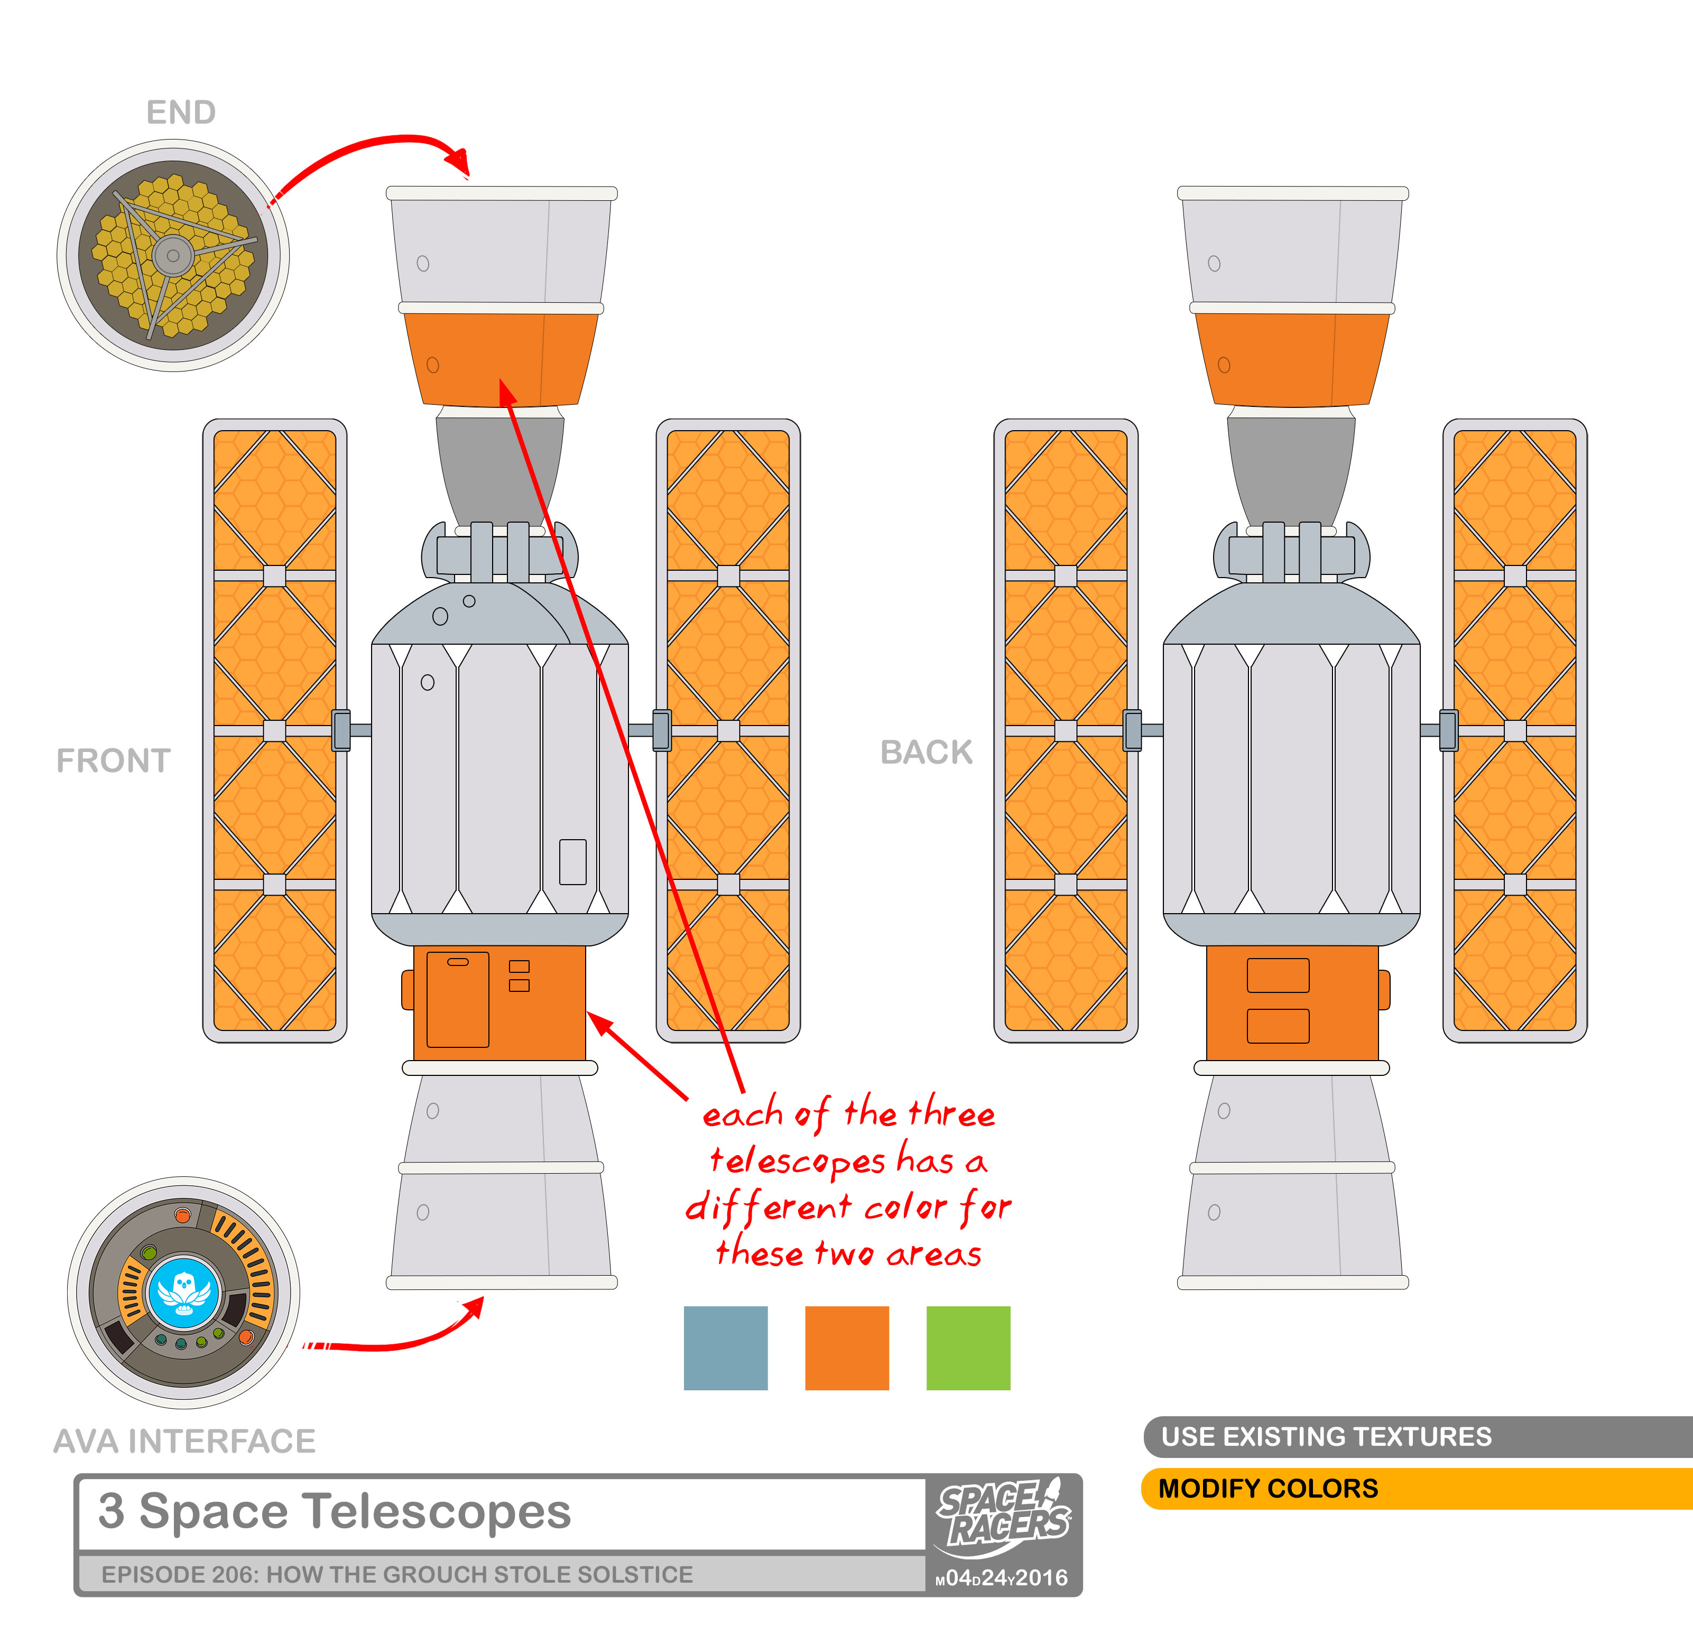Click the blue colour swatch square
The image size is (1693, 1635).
pyautogui.click(x=726, y=1348)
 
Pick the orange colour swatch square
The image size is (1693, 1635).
pyautogui.click(x=847, y=1348)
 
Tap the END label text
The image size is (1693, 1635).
pyautogui.click(x=181, y=112)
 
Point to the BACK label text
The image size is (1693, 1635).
pyautogui.click(x=926, y=753)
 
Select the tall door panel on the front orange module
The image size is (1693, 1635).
pyautogui.click(x=458, y=999)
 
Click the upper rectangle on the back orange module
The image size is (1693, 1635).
pyautogui.click(x=1278, y=975)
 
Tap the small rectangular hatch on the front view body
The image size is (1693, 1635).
pyautogui.click(x=572, y=861)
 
